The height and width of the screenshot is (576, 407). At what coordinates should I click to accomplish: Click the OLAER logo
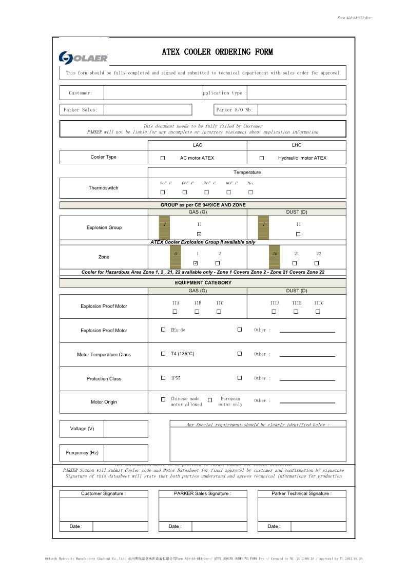[83, 57]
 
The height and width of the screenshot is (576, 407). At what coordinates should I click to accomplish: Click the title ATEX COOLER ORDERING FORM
[217, 52]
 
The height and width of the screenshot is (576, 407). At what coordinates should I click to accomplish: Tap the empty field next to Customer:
[153, 93]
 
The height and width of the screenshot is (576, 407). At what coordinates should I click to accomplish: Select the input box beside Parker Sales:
[148, 110]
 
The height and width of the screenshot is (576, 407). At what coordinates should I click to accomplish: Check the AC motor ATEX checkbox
[163, 158]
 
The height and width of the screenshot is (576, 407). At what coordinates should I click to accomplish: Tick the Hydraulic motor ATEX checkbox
[262, 158]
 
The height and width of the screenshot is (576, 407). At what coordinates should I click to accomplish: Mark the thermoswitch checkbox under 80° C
[229, 193]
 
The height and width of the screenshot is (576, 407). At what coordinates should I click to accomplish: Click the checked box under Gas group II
[200, 234]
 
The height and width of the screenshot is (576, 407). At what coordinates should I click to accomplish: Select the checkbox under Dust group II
[298, 234]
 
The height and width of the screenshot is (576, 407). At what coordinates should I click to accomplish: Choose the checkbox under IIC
[219, 312]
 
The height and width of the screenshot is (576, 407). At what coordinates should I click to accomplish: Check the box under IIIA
[274, 312]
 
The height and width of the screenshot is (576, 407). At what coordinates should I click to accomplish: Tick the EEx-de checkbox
[163, 330]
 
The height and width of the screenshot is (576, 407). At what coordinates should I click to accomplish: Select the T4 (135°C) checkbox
[163, 354]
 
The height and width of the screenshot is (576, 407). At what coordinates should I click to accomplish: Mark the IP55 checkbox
[163, 378]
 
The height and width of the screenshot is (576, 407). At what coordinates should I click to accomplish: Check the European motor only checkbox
[210, 400]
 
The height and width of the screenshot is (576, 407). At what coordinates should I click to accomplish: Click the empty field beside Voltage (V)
[126, 429]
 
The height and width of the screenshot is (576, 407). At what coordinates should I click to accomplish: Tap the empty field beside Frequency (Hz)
[126, 453]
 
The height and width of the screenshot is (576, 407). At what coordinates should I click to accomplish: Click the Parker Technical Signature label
[301, 493]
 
